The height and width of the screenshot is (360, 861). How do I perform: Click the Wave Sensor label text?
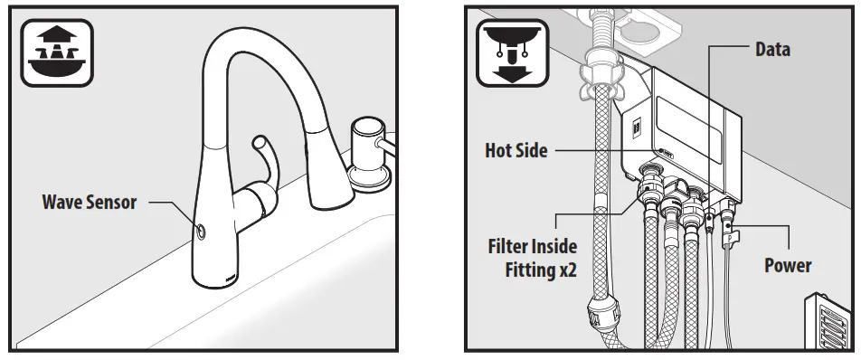(x=90, y=202)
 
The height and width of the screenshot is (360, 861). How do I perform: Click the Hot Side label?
(x=516, y=151)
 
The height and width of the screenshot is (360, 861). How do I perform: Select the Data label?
(x=772, y=50)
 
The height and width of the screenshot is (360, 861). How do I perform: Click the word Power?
(x=787, y=265)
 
